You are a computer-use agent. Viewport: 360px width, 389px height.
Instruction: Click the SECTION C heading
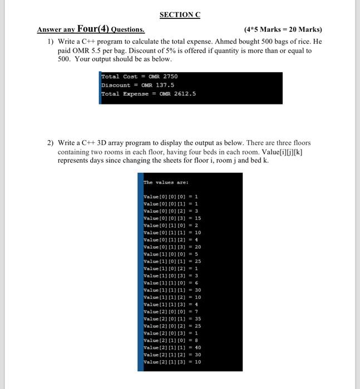(180, 15)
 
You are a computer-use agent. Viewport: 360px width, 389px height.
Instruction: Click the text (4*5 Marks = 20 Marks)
(283, 29)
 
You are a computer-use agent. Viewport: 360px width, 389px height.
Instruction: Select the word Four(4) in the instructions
(93, 29)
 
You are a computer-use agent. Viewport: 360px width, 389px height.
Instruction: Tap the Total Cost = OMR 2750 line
(139, 76)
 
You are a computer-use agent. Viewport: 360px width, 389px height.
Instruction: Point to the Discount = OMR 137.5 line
(137, 85)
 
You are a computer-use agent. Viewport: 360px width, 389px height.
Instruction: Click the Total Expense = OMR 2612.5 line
(148, 93)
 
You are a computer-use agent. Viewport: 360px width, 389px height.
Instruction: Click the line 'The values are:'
(166, 182)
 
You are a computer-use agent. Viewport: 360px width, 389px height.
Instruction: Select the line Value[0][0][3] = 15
(172, 218)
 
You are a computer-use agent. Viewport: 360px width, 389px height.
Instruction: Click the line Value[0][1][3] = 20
(172, 247)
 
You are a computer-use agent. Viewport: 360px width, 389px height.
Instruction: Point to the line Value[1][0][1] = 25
(172, 261)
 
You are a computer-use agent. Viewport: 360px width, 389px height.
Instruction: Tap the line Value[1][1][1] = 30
(172, 290)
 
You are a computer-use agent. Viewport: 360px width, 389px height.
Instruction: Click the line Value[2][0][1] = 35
(172, 319)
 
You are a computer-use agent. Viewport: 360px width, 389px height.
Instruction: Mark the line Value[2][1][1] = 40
(172, 347)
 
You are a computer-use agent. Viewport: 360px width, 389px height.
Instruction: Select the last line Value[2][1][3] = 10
(172, 362)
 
